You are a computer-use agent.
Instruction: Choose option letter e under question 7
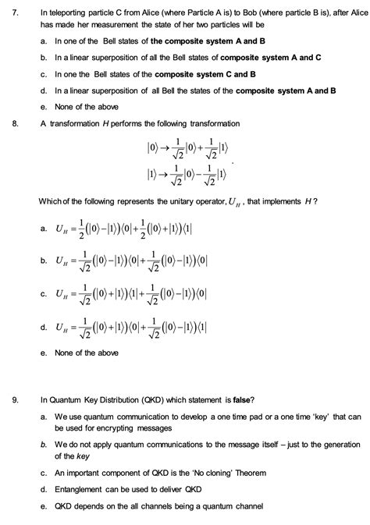pos(44,107)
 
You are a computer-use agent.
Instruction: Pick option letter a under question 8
pos(43,229)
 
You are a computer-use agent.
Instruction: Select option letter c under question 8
pos(43,294)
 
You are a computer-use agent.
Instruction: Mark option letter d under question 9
pos(44,489)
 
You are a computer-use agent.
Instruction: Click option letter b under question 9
pos(44,445)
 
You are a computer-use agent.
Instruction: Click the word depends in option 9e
pos(87,505)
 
